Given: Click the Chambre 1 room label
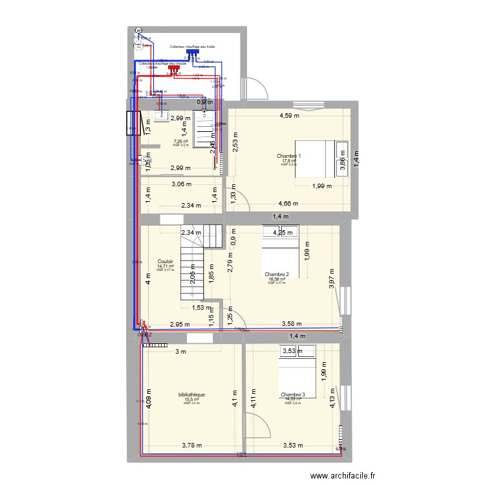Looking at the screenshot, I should click(289, 156).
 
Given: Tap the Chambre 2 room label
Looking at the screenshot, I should click(278, 274).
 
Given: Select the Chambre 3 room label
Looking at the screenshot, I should click(293, 394).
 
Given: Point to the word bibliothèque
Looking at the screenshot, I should click(191, 394).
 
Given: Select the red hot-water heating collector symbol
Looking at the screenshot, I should click(173, 67).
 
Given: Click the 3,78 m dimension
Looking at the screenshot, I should click(191, 445).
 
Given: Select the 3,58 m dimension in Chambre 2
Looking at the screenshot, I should click(292, 325).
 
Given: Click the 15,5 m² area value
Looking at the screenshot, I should click(191, 400).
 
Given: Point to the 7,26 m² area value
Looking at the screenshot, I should click(180, 142).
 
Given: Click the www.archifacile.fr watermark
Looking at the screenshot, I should click(347, 477).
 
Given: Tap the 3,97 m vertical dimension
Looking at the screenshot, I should click(332, 279).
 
